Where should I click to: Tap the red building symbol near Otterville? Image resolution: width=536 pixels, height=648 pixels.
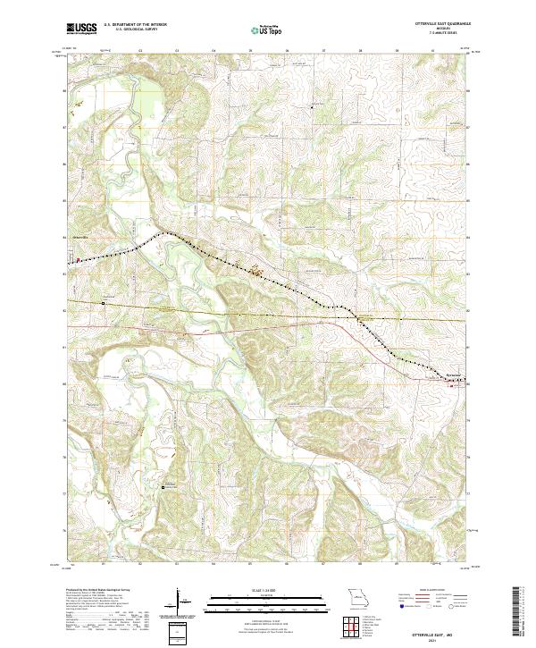click(77, 261)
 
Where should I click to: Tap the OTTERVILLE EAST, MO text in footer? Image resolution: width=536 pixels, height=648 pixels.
click(431, 631)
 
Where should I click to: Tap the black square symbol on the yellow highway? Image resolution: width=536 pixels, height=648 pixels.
click(104, 303)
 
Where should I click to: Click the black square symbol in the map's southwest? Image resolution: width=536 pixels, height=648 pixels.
click(163, 487)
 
